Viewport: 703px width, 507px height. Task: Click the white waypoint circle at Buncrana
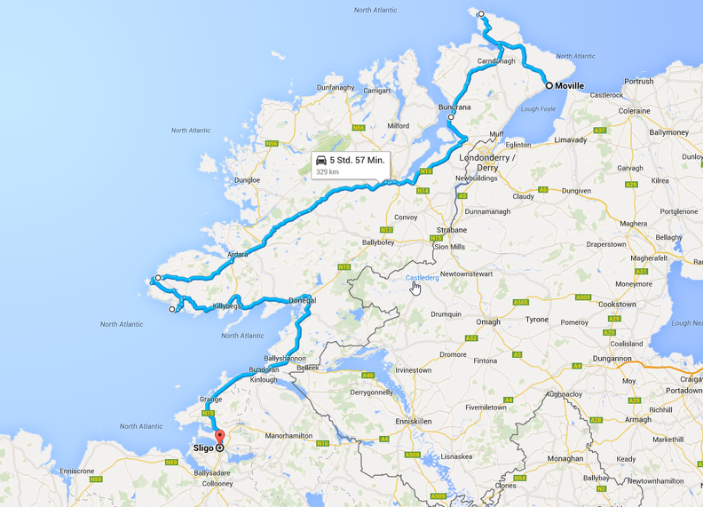click(x=451, y=117)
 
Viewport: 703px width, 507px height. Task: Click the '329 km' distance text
click(x=328, y=171)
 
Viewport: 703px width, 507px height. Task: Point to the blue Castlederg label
click(x=423, y=278)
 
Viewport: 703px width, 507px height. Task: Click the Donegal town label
click(x=303, y=301)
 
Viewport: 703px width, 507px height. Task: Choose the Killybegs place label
click(x=226, y=306)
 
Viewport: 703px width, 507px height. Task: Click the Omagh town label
click(x=489, y=322)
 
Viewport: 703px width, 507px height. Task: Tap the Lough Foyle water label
click(x=537, y=109)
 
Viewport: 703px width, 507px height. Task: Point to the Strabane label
click(x=452, y=230)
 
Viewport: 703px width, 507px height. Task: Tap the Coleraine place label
click(x=635, y=111)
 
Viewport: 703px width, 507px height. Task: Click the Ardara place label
click(x=237, y=255)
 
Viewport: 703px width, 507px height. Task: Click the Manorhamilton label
click(x=289, y=436)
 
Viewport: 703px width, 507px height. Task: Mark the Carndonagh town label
click(x=497, y=61)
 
